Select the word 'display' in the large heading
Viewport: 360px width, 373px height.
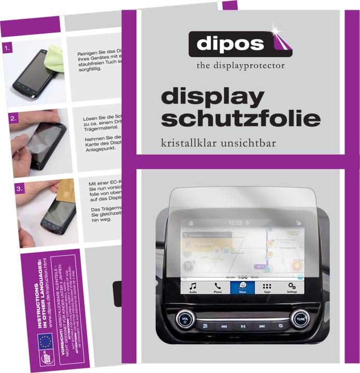tap(213, 97)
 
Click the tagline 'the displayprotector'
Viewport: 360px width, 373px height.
tap(240, 66)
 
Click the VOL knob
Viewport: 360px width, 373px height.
tap(185, 318)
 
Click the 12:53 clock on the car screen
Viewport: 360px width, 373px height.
tap(236, 223)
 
